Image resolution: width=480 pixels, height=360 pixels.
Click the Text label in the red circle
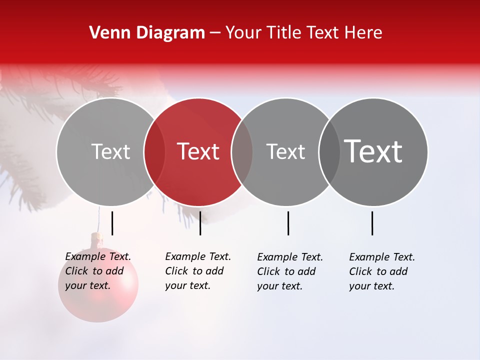click(x=198, y=151)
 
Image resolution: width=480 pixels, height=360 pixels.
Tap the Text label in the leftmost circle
click(x=110, y=151)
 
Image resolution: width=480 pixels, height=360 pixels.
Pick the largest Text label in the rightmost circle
click(x=373, y=151)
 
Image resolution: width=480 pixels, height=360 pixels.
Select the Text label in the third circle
click(x=285, y=151)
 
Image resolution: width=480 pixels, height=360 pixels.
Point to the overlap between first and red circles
click(x=154, y=152)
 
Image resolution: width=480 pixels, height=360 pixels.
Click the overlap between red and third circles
click(x=242, y=152)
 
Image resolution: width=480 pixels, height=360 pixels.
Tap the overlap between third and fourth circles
click(x=329, y=152)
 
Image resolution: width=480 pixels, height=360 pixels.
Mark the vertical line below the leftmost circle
click(x=112, y=223)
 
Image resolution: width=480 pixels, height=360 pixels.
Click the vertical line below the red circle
click(x=200, y=223)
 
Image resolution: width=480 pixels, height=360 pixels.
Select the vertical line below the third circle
click(x=288, y=223)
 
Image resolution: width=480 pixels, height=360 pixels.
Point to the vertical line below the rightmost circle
click(x=372, y=223)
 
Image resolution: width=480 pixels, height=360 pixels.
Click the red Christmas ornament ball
click(x=98, y=300)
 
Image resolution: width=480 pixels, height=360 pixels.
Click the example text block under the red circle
click(x=198, y=271)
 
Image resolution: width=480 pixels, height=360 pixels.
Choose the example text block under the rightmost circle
click(x=382, y=271)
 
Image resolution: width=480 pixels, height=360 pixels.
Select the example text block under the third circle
click(x=290, y=271)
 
